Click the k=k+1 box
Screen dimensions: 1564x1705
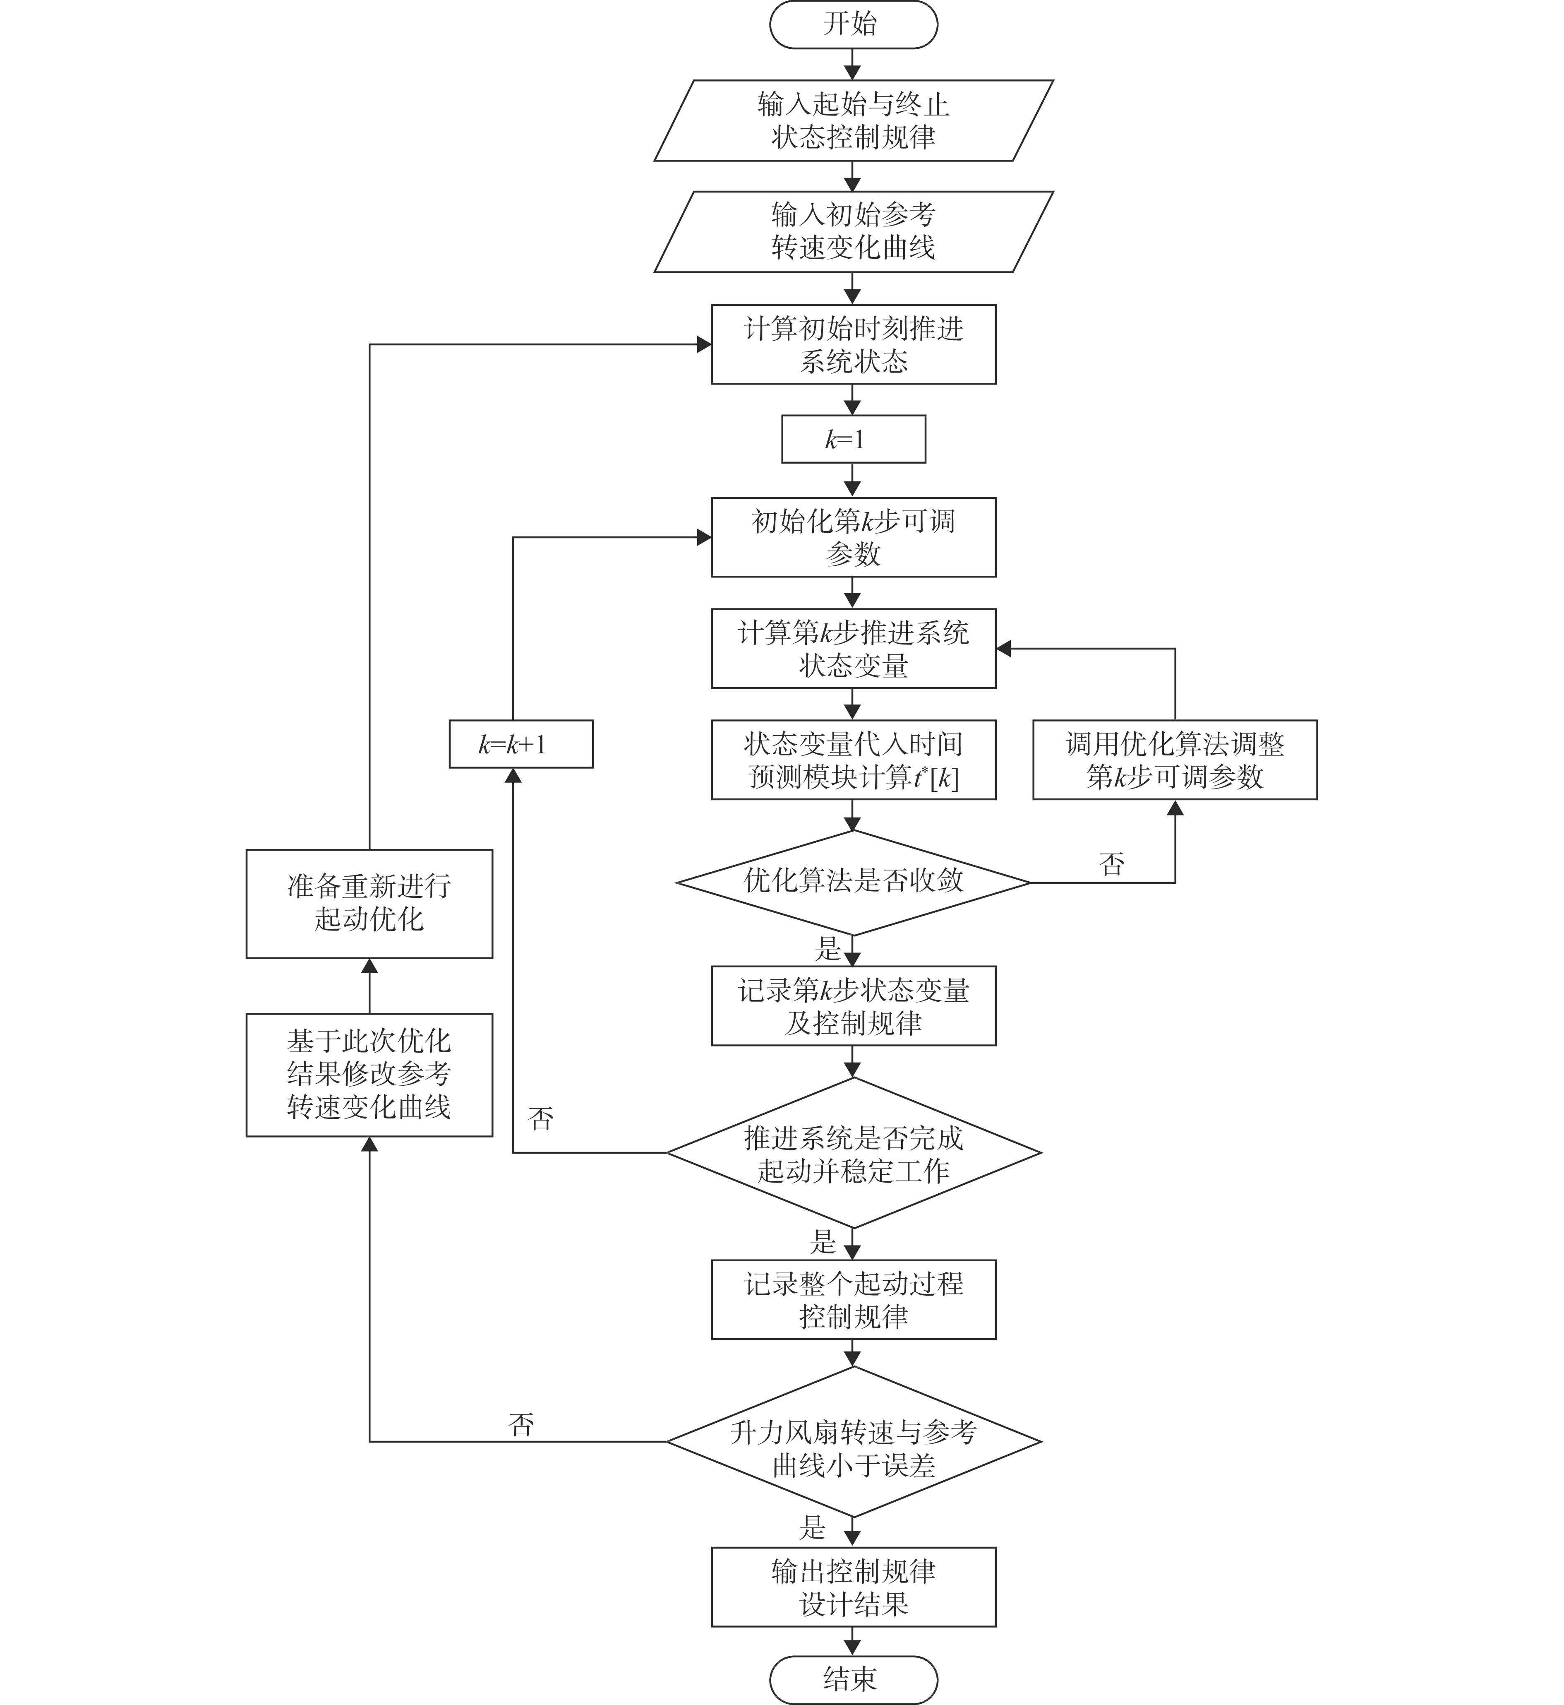pyautogui.click(x=521, y=744)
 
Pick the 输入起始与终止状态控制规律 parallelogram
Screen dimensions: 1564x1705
pyautogui.click(x=853, y=120)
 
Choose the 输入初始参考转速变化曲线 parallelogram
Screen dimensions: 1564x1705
pyautogui.click(x=853, y=231)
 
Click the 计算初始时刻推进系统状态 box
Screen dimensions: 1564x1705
pyautogui.click(x=853, y=344)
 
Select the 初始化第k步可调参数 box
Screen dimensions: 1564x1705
pyautogui.click(x=853, y=538)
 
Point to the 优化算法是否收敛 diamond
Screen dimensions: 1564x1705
pyautogui.click(x=853, y=882)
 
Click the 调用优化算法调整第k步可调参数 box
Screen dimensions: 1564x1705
pyautogui.click(x=1175, y=760)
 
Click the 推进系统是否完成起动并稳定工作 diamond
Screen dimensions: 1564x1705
pyautogui.click(x=853, y=1152)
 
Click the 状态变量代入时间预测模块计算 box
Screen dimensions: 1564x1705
pyautogui.click(x=853, y=760)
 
